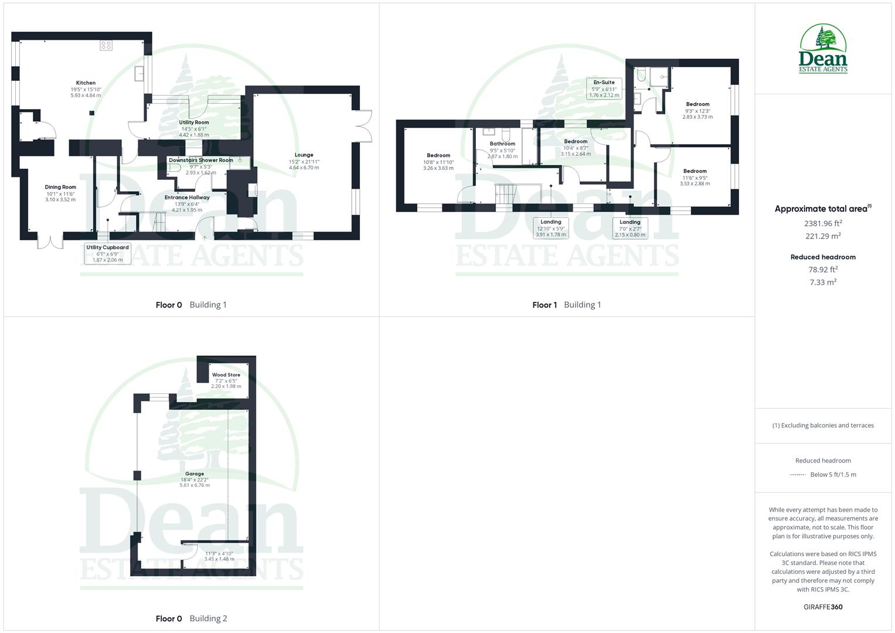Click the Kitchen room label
click(x=86, y=83)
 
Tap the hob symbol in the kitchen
click(x=106, y=45)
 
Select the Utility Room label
click(x=194, y=122)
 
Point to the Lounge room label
click(x=304, y=155)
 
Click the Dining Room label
click(x=60, y=188)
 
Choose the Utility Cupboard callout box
click(x=107, y=253)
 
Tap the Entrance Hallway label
click(x=186, y=198)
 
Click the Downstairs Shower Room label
click(x=200, y=160)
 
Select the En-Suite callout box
click(x=604, y=89)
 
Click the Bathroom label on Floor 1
click(x=502, y=144)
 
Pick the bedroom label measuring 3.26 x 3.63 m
click(x=438, y=156)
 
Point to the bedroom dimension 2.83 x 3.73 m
click(x=697, y=117)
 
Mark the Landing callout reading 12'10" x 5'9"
click(x=550, y=228)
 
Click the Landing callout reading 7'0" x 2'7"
click(x=630, y=228)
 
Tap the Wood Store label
click(x=226, y=375)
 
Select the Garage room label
click(x=195, y=474)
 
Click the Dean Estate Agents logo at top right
click(x=823, y=49)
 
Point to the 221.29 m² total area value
click(x=823, y=236)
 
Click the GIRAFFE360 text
click(x=823, y=607)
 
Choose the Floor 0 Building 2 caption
click(x=191, y=618)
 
